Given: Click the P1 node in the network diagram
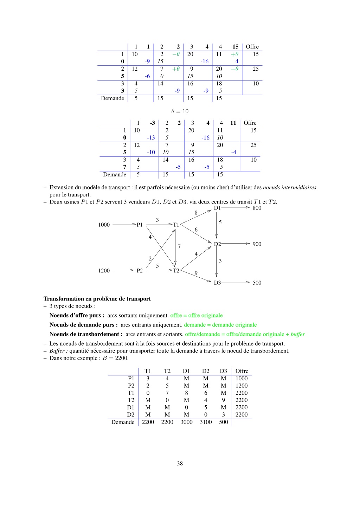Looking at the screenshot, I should [x=140, y=225].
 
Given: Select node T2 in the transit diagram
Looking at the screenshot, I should [x=176, y=270].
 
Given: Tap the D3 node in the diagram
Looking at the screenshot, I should [x=217, y=283].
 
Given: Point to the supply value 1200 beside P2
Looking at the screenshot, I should [x=104, y=271].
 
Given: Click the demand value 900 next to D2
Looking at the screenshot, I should [x=257, y=244].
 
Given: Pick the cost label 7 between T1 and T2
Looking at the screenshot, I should [x=179, y=247].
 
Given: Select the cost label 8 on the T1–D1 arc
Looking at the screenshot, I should [x=196, y=213].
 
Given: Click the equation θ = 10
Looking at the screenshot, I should [x=180, y=111].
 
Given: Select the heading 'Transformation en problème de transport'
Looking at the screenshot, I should [x=97, y=299].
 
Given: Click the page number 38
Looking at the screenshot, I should [x=180, y=463].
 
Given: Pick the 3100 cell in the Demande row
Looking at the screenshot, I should [x=206, y=422].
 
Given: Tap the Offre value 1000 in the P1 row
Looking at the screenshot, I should [x=242, y=379].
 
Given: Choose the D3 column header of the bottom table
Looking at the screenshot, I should [x=223, y=371].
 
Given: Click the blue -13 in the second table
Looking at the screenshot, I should [x=151, y=138].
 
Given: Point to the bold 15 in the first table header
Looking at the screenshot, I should [x=235, y=47].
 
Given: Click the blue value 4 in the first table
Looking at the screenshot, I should [x=237, y=62].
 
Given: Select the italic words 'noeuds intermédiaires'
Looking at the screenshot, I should [x=289, y=187].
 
